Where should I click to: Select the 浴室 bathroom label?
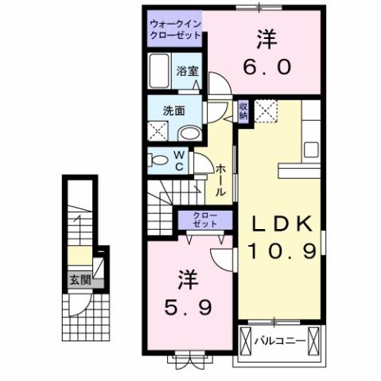point(187,70)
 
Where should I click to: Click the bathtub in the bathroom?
point(160,71)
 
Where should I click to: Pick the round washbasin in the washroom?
point(189,133)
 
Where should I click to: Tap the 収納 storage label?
point(243,111)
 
